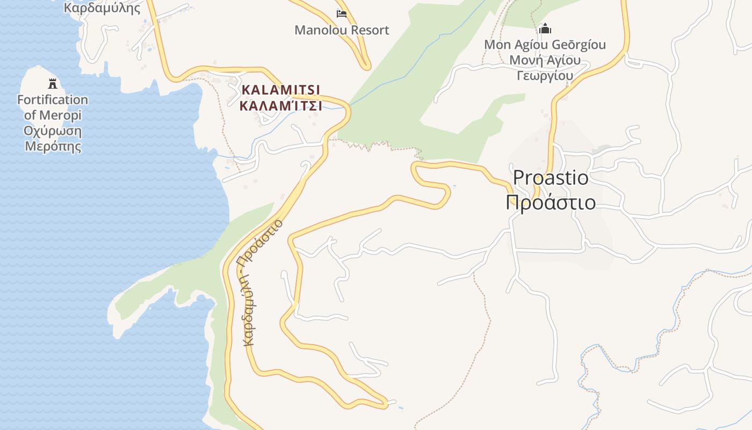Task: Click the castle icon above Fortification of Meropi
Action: (x=53, y=84)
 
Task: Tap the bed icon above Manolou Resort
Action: (x=342, y=13)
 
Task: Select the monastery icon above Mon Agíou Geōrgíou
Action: (x=545, y=28)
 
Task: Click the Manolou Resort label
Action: (x=342, y=30)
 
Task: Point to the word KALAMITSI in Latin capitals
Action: (x=281, y=90)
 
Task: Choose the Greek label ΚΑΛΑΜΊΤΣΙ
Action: (x=281, y=106)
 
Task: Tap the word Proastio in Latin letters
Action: (x=551, y=177)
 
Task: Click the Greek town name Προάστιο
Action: (x=551, y=203)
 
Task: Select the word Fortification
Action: (x=53, y=100)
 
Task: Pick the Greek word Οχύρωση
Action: (x=53, y=131)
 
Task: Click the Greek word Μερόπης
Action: (x=53, y=147)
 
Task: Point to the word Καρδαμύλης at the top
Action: (x=102, y=8)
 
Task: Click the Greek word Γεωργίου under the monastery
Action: (x=545, y=75)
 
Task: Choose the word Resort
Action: (x=367, y=30)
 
